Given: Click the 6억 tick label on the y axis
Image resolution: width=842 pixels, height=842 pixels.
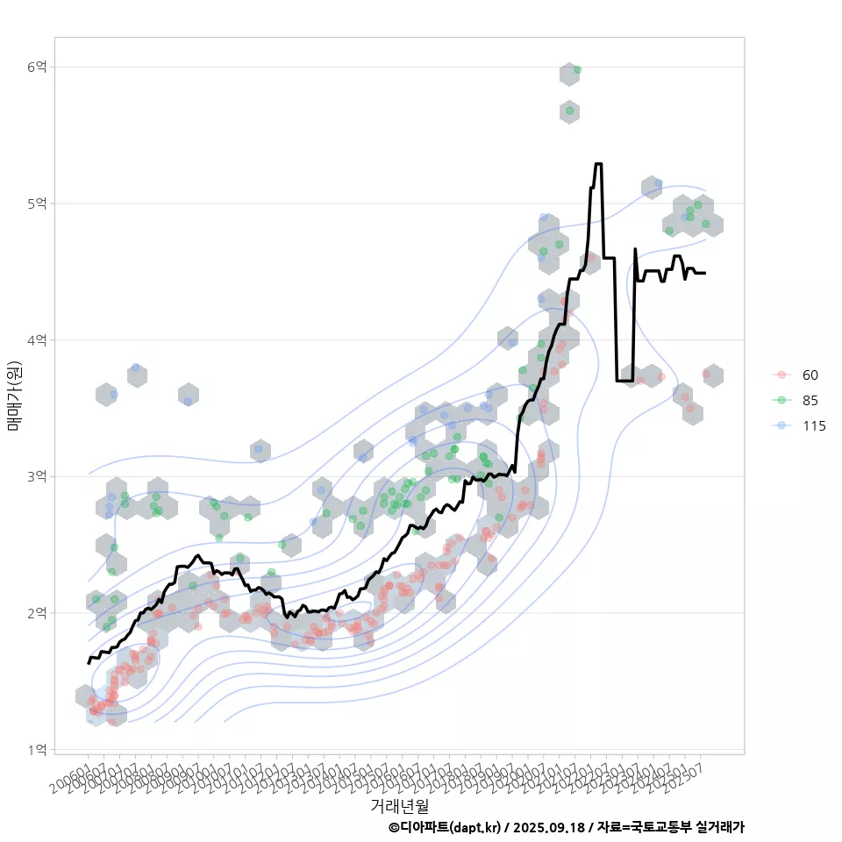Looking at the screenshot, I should (x=39, y=68).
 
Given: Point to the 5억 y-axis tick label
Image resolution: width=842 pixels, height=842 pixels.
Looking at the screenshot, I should (x=39, y=203).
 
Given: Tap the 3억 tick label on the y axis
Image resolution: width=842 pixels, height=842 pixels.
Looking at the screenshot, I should (x=39, y=476).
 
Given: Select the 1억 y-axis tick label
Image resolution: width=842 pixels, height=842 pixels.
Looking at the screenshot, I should (x=39, y=749).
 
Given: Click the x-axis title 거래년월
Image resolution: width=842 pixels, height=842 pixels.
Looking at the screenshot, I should (x=399, y=804).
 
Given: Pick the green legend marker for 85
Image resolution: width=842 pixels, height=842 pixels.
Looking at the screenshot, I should (x=780, y=401).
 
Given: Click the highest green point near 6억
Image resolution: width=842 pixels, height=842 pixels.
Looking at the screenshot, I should (x=576, y=69).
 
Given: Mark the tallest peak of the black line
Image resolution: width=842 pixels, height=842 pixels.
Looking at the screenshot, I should (x=598, y=164).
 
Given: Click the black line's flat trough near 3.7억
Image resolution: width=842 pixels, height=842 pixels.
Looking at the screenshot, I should (x=624, y=380).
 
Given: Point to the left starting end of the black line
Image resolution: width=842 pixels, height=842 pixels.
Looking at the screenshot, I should (x=89, y=663).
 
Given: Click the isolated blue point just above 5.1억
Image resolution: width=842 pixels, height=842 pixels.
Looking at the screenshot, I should (x=658, y=183).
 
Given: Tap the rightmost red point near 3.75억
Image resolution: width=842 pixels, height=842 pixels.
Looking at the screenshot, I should (x=706, y=374).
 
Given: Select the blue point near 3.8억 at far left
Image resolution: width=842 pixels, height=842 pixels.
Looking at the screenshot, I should (x=136, y=367).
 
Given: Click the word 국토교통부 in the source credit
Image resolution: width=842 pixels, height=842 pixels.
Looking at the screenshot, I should (x=660, y=827).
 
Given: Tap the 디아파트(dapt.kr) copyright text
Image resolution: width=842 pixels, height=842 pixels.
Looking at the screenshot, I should (x=445, y=827).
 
